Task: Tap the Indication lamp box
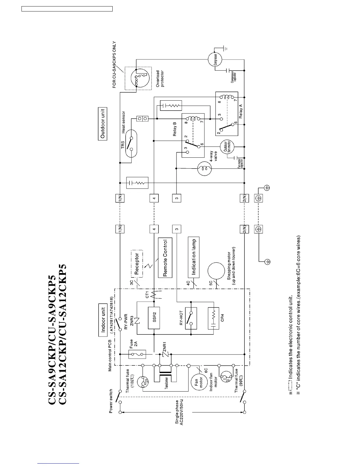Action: click(194, 256)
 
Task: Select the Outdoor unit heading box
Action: click(102, 124)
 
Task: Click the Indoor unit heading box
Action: click(103, 320)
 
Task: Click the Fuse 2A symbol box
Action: click(137, 354)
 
